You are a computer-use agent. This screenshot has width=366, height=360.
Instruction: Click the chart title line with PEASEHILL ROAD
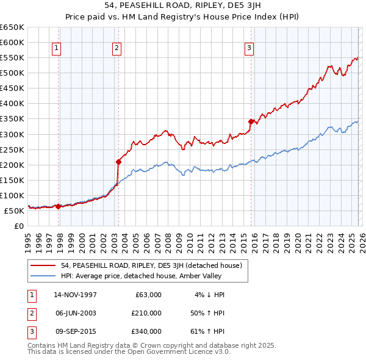183,6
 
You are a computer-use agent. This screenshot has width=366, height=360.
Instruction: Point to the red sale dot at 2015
251,121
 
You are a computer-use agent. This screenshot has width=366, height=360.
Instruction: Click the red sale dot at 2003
118,162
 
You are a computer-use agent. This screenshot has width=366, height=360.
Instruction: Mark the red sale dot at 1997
59,206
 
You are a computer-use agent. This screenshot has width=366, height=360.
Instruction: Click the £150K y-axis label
12,180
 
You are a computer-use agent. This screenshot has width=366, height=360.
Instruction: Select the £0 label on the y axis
19,226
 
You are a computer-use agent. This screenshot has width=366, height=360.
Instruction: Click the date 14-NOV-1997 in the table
75,295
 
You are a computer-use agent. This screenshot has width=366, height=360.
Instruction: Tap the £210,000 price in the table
146,313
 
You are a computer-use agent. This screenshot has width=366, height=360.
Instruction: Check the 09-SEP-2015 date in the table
75,331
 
